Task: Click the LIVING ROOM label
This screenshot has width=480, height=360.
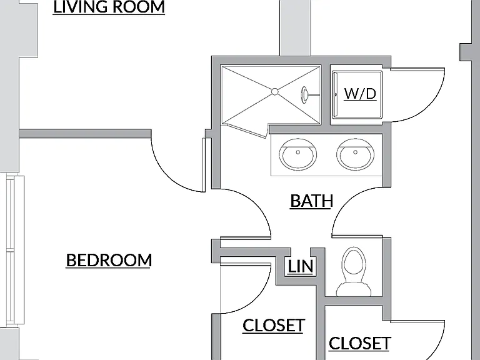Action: coord(109,7)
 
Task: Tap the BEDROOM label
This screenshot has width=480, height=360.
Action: coord(109,260)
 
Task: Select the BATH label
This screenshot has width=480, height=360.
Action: coord(312,201)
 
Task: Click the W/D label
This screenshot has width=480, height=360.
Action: coord(360,93)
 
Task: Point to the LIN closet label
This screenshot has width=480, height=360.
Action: coord(301,266)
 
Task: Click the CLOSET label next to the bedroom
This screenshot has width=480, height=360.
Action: coord(274,325)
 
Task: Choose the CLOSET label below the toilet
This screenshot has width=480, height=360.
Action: coord(360,343)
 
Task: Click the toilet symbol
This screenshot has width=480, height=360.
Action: coord(354,272)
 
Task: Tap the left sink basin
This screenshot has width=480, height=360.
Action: coord(298,154)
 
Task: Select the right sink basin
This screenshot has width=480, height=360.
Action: coord(355,154)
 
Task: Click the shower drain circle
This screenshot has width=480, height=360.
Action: coord(274,91)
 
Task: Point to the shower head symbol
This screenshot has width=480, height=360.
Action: coord(305,94)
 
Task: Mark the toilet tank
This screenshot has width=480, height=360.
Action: coord(354,289)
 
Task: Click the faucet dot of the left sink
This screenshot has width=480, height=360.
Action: coord(298,152)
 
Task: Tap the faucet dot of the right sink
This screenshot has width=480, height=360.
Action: coord(356,152)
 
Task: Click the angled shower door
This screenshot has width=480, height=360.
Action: coord(245,130)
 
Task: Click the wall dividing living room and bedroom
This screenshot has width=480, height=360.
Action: coord(85,134)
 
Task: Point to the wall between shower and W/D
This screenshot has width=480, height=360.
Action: coord(326,95)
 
